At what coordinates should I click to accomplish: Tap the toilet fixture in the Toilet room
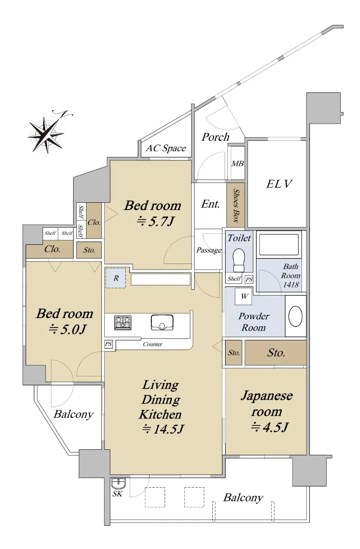pyautogui.click(x=239, y=260)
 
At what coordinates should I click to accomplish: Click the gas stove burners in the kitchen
pyautogui.click(x=123, y=323)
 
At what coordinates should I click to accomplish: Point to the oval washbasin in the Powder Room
pyautogui.click(x=295, y=316)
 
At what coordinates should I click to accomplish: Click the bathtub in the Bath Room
pyautogui.click(x=279, y=245)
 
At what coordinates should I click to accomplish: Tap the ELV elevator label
pyautogui.click(x=279, y=184)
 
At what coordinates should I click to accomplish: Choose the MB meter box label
pyautogui.click(x=237, y=163)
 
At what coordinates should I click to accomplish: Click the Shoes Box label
pyautogui.click(x=236, y=205)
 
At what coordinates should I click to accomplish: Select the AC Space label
pyautogui.click(x=166, y=148)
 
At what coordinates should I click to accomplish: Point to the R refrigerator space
pyautogui.click(x=116, y=278)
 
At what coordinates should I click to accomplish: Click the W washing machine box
pyautogui.click(x=243, y=296)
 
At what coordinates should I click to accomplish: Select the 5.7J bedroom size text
pyautogui.click(x=155, y=221)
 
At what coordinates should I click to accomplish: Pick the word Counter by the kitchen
pyautogui.click(x=152, y=344)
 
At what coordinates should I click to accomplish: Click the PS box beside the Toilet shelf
pyautogui.click(x=249, y=280)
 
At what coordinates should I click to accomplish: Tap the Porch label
pyautogui.click(x=215, y=137)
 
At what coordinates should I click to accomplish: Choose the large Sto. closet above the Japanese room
pyautogui.click(x=276, y=353)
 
